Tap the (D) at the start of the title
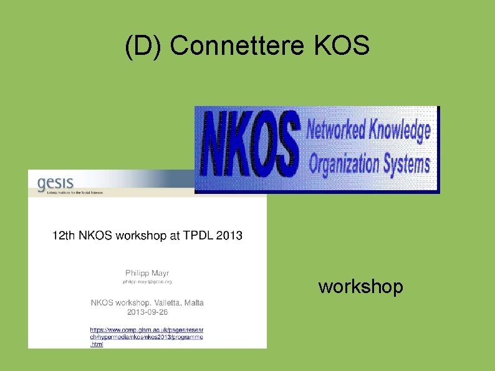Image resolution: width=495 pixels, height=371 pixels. pos(143,46)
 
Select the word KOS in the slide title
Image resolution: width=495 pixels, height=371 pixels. pos(343,46)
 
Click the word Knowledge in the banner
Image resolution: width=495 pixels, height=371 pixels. pos(400,132)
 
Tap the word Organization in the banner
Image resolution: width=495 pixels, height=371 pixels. pos(345,164)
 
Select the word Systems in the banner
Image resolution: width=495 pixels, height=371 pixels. pos(406,164)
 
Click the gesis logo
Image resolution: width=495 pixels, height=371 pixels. pos(55,182)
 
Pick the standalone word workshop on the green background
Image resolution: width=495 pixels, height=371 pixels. pos(361,287)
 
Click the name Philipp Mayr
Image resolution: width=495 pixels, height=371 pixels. pos(147,272)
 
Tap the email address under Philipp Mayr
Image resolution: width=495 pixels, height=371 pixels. pos(147,282)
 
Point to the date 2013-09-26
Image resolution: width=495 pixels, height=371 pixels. pos(147,311)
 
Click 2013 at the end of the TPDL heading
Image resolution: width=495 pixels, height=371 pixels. pos(230,235)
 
